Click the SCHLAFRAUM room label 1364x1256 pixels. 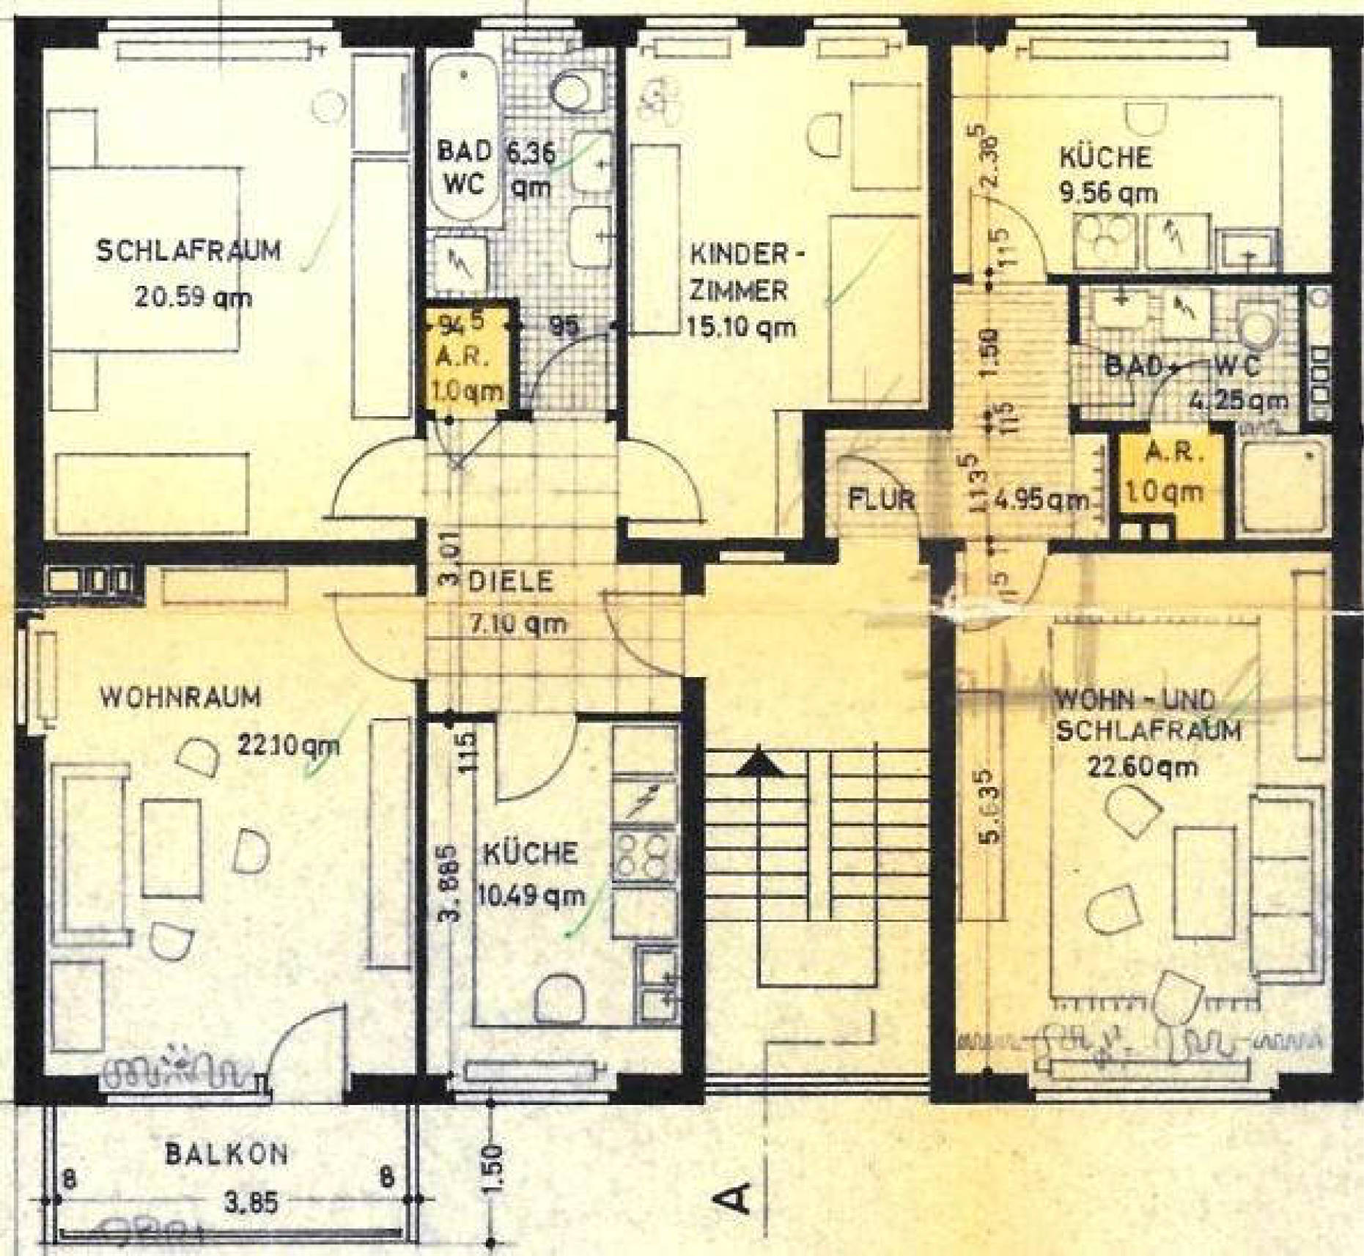point(188,251)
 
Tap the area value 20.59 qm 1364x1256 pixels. point(193,298)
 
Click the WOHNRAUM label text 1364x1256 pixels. point(180,696)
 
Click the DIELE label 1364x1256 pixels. point(510,582)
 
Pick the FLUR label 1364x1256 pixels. point(882,500)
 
